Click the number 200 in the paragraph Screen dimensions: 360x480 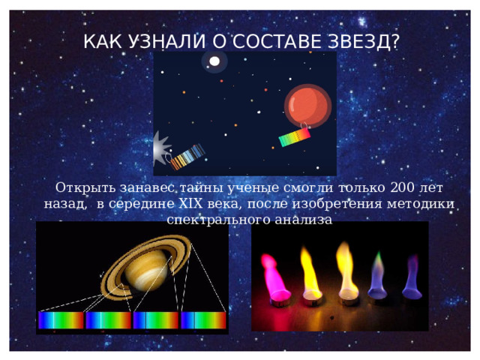pos(400,187)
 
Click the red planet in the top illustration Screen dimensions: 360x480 pos(307,105)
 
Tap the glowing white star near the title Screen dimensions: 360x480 pos(214,61)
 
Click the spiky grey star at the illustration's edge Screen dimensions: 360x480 pos(161,149)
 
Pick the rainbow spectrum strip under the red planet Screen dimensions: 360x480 pos(293,136)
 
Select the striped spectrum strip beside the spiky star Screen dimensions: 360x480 pos(187,156)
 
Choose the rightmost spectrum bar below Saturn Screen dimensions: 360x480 pos(202,320)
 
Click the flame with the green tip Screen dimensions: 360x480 pos(376,274)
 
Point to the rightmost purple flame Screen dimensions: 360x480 pos(410,274)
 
